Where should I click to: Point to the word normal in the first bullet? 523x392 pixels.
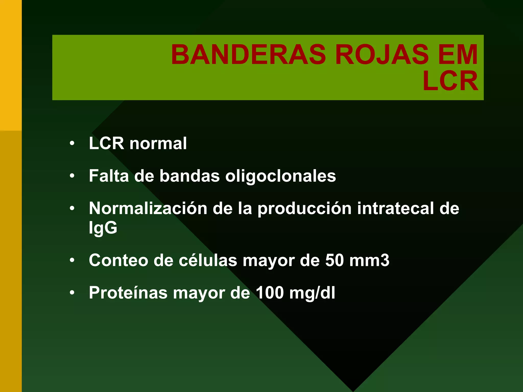[x=158, y=143]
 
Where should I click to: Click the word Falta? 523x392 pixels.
[x=109, y=176]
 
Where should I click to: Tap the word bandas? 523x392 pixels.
[x=189, y=176]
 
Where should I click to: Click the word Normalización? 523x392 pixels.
[x=148, y=209]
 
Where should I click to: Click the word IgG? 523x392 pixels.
[x=103, y=228]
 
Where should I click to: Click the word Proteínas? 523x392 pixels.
[x=128, y=293]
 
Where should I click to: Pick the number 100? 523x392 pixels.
[x=270, y=293]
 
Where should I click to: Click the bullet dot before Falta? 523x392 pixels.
[x=72, y=176]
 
